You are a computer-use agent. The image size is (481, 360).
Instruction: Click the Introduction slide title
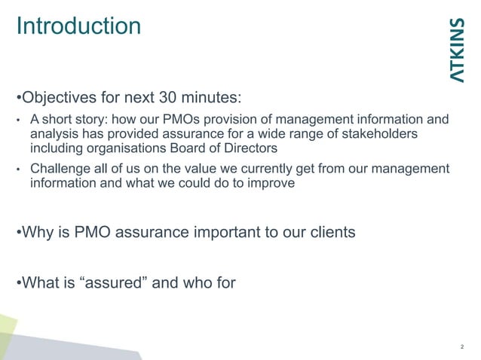tap(78, 26)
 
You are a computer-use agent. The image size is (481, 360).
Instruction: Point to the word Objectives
tap(58, 99)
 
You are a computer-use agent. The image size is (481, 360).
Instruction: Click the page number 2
tap(461, 347)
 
